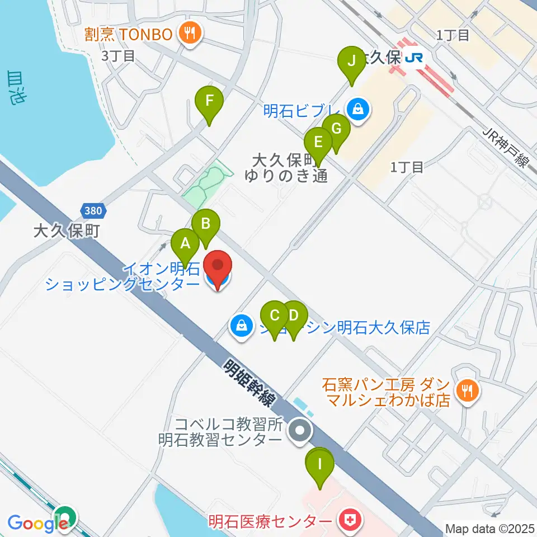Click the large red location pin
(x=217, y=267)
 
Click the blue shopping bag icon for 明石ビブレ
(x=356, y=109)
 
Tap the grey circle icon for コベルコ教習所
(x=300, y=431)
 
